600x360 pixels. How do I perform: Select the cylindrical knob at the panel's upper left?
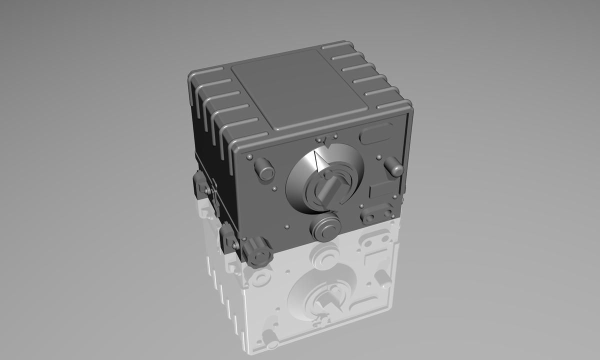click(x=264, y=169)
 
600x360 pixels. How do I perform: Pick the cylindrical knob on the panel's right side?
click(x=394, y=166)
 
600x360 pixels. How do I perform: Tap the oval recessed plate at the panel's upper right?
click(x=376, y=134)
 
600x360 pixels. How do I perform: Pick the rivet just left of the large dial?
click(x=274, y=189)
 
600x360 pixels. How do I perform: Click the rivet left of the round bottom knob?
click(x=286, y=227)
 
